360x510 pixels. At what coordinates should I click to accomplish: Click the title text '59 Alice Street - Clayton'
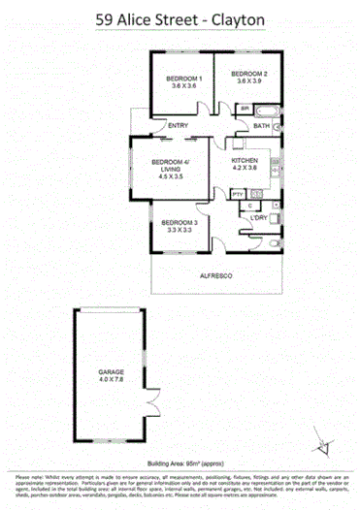click(x=180, y=18)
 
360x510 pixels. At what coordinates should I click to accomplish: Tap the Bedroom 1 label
click(x=184, y=78)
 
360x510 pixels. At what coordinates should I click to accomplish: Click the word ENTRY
click(x=178, y=126)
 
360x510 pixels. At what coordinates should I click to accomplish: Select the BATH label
click(x=261, y=126)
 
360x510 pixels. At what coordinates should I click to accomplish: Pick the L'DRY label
click(x=258, y=217)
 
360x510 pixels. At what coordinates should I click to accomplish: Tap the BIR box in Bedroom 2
click(x=245, y=109)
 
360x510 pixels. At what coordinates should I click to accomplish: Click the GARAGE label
click(x=111, y=371)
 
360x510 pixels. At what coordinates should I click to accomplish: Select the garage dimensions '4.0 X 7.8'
click(x=111, y=380)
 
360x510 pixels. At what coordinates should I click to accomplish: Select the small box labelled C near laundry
click(x=251, y=206)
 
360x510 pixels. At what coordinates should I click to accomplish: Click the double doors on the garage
click(x=148, y=397)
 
